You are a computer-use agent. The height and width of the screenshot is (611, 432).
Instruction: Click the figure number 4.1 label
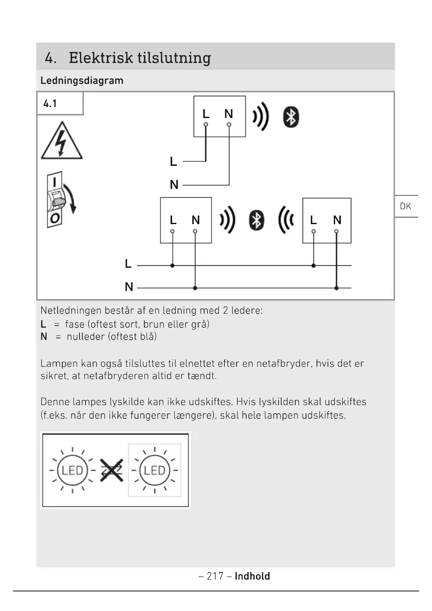[50, 103]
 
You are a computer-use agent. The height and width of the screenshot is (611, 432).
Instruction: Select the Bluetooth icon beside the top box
[291, 117]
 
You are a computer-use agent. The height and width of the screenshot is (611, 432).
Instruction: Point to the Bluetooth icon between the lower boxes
[256, 220]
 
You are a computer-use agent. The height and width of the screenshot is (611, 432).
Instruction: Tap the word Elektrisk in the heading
[101, 58]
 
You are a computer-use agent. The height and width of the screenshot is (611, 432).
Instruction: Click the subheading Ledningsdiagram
[82, 81]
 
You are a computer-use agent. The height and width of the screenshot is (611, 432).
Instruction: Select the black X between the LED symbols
[112, 470]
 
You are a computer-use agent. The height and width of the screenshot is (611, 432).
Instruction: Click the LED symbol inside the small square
[155, 470]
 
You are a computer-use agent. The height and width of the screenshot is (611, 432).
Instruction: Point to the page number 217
[215, 576]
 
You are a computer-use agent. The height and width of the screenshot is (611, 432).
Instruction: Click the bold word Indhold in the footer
[252, 576]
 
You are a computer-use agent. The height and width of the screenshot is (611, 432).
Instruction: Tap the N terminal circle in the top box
[229, 125]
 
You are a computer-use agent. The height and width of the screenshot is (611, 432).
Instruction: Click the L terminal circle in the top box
[206, 125]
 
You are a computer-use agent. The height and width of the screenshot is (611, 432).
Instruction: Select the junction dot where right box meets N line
[336, 288]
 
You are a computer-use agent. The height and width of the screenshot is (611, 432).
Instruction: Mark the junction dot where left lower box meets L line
[172, 266]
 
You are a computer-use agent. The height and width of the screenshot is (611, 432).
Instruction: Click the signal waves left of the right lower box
[286, 220]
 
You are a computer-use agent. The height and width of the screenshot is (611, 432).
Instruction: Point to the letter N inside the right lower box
[337, 220]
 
